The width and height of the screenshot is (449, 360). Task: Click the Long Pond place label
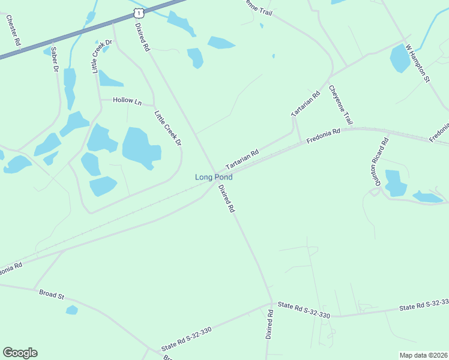tap(213, 177)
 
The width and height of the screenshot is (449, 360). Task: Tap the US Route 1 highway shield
tap(139, 12)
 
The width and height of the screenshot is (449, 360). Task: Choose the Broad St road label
tap(52, 294)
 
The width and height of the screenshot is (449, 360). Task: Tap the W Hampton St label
tap(418, 62)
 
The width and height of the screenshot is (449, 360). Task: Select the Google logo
tap(20, 353)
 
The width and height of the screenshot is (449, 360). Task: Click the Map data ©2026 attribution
tap(423, 355)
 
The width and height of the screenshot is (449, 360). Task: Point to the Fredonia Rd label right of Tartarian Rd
tap(323, 136)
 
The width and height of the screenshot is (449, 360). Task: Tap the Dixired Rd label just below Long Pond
tap(226, 199)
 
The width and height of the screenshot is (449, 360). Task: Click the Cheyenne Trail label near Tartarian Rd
tap(340, 105)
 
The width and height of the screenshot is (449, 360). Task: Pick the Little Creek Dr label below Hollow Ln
tap(167, 127)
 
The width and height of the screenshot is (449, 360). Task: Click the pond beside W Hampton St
tap(400, 58)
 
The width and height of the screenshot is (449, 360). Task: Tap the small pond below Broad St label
tap(72, 310)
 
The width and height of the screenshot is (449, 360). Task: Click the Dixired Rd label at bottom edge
tap(270, 325)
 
